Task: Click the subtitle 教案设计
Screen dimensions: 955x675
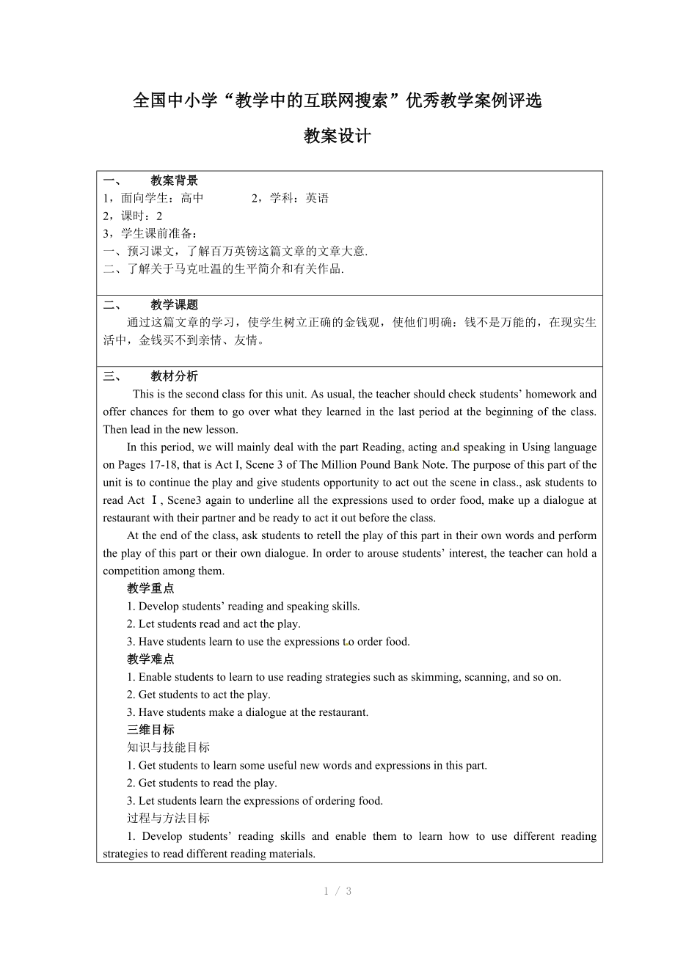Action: (x=337, y=136)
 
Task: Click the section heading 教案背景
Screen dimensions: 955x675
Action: (x=174, y=180)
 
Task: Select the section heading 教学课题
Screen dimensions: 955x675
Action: (x=174, y=305)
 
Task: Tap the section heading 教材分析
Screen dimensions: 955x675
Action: (x=174, y=376)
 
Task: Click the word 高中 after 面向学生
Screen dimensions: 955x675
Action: (x=192, y=198)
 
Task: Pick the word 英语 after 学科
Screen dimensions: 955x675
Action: (x=317, y=198)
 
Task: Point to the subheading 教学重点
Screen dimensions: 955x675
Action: (x=150, y=588)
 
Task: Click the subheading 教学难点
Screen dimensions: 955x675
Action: (x=150, y=659)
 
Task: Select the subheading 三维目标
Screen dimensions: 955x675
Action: (x=150, y=730)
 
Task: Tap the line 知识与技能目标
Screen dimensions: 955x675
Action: (x=168, y=747)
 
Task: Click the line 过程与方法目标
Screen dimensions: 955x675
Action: (x=168, y=818)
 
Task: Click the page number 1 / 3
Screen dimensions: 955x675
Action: (x=337, y=891)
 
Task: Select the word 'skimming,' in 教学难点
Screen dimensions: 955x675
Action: (x=431, y=677)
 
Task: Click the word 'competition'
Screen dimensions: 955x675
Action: (x=133, y=571)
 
